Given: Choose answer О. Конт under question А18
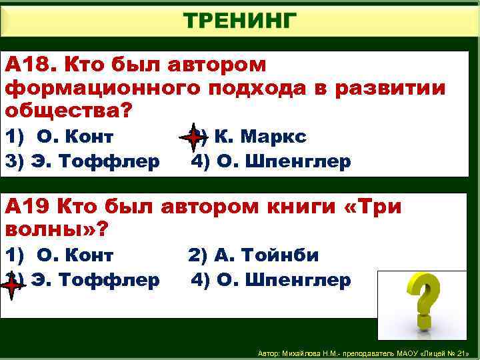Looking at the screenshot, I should pos(75,137).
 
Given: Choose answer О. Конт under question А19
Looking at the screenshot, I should pos(75,255).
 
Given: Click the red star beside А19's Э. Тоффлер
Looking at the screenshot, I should pos(13,283).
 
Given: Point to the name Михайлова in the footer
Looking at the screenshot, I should pos(305,352).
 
